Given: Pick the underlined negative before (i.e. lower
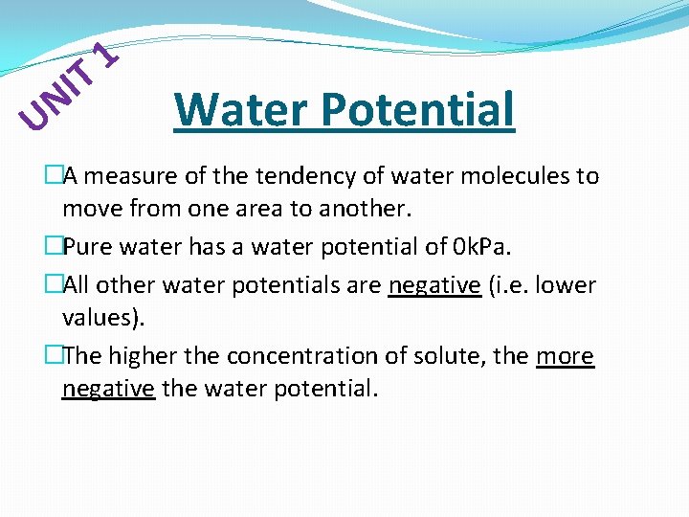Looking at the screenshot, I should pos(434,285).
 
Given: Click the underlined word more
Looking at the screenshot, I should pos(565,356).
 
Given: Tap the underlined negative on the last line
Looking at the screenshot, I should pos(108,389).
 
